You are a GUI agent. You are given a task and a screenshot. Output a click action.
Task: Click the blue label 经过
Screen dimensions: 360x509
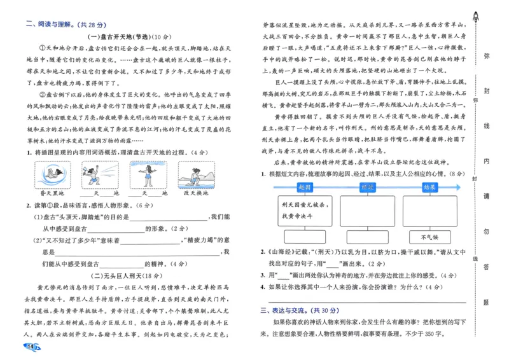(367, 187)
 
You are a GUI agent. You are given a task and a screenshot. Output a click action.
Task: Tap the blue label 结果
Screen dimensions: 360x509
(429, 187)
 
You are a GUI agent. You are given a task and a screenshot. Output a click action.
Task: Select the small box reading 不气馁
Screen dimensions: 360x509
(429, 237)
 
